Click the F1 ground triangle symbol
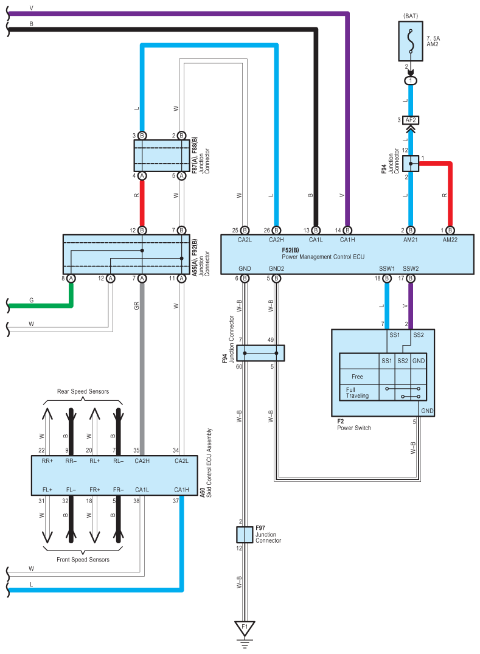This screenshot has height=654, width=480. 245,628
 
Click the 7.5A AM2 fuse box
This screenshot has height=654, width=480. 411,41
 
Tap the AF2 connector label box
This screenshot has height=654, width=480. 411,120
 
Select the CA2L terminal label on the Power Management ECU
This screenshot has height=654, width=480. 245,240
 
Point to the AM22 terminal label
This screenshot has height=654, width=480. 450,240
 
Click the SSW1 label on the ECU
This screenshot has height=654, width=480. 387,269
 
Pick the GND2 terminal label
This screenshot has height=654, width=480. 276,269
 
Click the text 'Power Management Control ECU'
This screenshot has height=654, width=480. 323,257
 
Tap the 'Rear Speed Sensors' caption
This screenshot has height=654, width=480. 83,391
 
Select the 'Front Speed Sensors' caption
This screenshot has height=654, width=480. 83,560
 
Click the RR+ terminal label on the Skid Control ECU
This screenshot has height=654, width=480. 47,461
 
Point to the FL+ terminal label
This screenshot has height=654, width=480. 47,490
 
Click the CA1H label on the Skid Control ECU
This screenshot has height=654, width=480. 181,490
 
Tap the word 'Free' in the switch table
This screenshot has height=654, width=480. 357,377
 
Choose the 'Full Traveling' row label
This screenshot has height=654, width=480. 357,392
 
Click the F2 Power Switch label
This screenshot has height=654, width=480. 353,425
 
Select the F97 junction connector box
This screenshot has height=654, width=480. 245,535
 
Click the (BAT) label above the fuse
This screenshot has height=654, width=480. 411,16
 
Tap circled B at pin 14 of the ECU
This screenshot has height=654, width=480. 347,230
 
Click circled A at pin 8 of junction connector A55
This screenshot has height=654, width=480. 71,278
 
